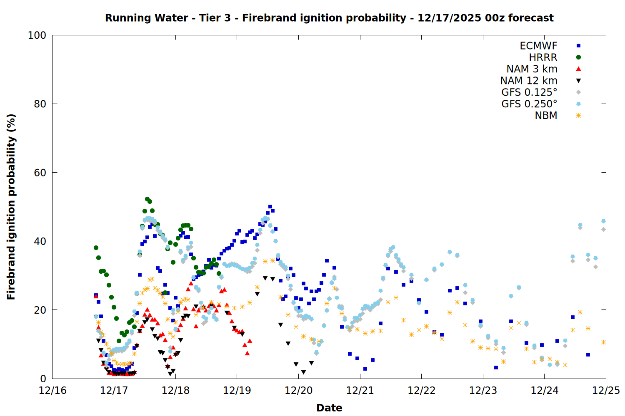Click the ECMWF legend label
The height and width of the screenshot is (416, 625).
(x=538, y=46)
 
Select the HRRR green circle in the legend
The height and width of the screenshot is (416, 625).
(x=578, y=57)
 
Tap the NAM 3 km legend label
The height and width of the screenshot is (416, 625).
(x=532, y=69)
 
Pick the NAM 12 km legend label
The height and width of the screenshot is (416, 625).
(x=529, y=81)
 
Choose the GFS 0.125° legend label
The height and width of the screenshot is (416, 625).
(x=529, y=92)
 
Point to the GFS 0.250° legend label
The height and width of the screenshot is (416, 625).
(x=529, y=104)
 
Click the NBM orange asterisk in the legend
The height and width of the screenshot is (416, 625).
(x=578, y=116)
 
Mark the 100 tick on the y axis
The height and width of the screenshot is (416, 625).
(x=37, y=35)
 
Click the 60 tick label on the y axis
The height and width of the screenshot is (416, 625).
(x=40, y=173)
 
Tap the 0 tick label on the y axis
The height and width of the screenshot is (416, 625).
(x=43, y=379)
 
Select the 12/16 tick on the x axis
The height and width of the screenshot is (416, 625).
(x=52, y=391)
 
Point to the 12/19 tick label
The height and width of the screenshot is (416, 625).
(x=237, y=391)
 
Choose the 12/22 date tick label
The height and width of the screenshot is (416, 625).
(x=422, y=391)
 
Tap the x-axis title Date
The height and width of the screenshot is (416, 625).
(x=329, y=408)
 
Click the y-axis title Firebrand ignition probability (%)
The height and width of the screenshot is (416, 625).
(x=11, y=207)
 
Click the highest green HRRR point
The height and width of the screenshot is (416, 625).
(x=147, y=199)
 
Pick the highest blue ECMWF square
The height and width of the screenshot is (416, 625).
(x=270, y=207)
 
